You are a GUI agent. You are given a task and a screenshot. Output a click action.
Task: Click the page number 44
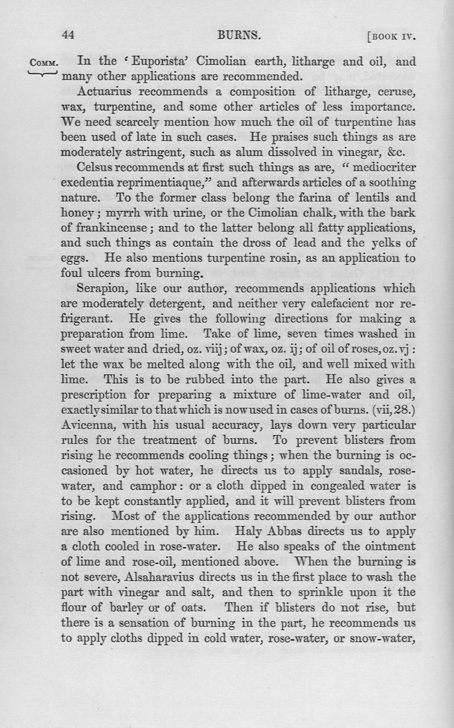pos(68,36)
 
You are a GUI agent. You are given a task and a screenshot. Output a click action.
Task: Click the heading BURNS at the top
pos(239,36)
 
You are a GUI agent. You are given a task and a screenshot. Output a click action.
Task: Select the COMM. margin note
pos(44,62)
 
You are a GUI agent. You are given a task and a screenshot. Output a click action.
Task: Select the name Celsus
pos(97,167)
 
